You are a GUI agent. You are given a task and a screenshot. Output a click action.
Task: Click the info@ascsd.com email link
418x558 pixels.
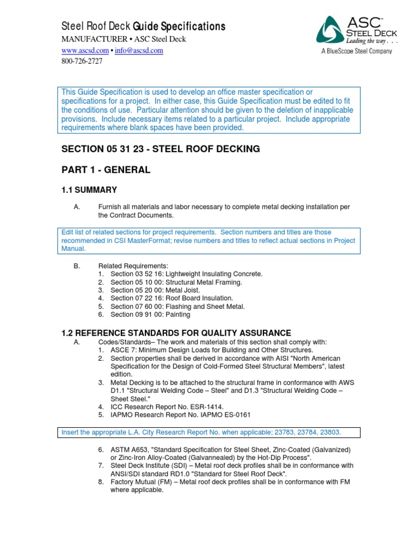[x=138, y=51]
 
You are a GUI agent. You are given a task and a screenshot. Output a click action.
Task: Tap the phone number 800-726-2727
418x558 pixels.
[x=82, y=61]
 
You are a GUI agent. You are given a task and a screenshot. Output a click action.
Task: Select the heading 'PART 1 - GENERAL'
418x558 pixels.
[x=106, y=170]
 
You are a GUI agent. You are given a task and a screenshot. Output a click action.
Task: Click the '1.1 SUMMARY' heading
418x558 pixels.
[x=89, y=190]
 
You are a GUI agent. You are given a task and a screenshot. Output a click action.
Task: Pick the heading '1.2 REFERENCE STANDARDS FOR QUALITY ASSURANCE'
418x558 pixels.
[x=176, y=333]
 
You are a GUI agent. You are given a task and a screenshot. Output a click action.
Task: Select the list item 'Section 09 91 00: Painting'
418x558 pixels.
[x=150, y=314]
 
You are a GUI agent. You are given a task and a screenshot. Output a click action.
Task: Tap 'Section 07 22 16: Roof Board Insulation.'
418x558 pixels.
[x=171, y=298]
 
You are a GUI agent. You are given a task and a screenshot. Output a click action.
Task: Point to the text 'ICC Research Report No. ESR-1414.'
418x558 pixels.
[x=167, y=407]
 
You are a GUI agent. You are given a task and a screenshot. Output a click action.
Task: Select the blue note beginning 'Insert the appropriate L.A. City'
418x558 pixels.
[x=201, y=433]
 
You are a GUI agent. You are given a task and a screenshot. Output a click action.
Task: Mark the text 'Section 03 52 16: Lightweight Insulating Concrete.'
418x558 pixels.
[x=186, y=274]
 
